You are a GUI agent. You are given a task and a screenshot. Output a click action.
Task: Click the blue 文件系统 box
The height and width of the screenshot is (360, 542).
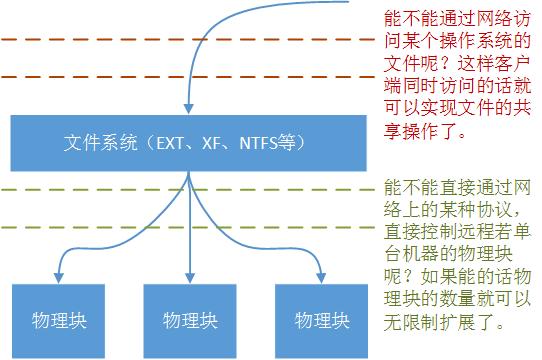(x=186, y=142)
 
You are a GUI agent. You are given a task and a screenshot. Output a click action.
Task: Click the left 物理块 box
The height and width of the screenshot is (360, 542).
(x=57, y=321)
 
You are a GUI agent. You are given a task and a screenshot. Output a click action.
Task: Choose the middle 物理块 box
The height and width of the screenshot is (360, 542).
(x=190, y=321)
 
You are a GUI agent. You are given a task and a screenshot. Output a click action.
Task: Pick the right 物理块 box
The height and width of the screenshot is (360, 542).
(x=322, y=321)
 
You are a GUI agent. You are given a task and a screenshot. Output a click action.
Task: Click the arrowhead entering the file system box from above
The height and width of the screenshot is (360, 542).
(x=187, y=107)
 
